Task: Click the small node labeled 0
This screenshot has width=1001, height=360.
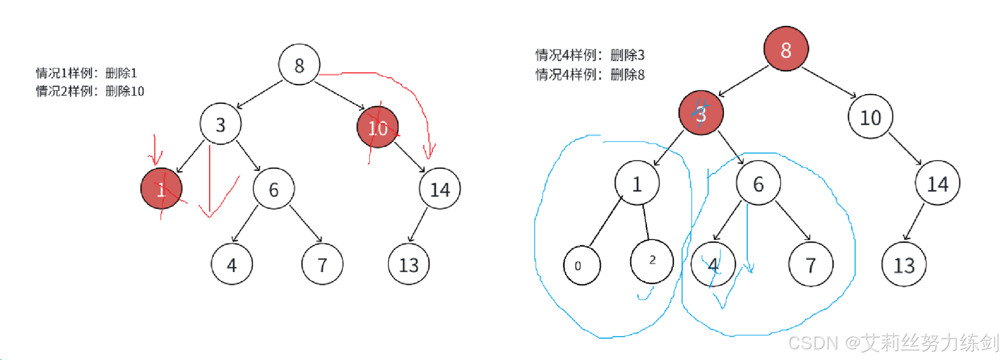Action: point(582,265)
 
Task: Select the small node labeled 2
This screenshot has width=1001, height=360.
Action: point(652,261)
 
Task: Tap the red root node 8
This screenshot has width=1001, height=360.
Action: point(786,49)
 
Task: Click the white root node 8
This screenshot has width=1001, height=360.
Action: point(299,65)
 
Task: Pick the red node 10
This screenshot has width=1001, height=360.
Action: point(377,127)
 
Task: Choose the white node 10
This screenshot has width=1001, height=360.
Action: point(870,117)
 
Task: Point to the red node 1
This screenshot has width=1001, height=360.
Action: point(161,189)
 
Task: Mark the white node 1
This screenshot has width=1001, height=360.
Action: point(637,183)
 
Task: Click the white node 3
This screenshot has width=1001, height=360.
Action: point(220,124)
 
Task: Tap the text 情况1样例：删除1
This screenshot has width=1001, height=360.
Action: point(86,73)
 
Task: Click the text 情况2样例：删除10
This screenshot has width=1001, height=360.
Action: point(90,92)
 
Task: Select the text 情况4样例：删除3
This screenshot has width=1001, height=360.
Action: point(590,55)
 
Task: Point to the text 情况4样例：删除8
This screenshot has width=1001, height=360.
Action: point(590,75)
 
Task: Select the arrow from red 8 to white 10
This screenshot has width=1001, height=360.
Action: point(829,82)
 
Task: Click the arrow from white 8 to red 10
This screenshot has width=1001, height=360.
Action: point(339,95)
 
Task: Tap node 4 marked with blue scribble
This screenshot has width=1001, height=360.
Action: point(713,264)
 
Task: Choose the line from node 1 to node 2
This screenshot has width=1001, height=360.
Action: point(645,222)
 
